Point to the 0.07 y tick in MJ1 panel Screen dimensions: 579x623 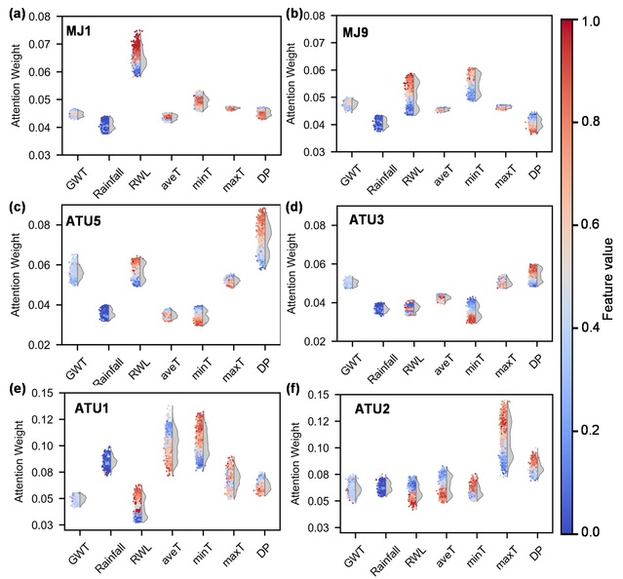click(x=39, y=45)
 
